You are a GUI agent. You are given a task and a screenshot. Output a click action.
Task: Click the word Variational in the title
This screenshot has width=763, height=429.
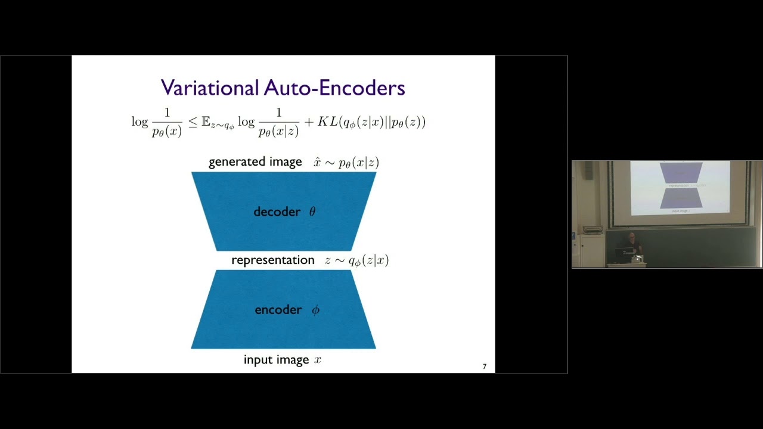(x=210, y=88)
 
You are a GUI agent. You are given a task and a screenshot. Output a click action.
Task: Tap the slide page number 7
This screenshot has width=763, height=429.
(x=484, y=366)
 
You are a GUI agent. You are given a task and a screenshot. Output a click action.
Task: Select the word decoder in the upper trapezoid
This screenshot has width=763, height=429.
(x=277, y=212)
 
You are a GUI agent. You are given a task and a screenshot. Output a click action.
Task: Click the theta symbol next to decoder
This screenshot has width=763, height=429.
(x=312, y=212)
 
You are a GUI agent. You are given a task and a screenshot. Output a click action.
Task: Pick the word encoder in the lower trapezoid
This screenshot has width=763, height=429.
(x=278, y=310)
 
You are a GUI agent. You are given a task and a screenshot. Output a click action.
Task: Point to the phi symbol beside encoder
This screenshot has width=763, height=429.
(x=315, y=310)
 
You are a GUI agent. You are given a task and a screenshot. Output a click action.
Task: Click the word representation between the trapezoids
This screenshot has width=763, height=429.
(x=272, y=260)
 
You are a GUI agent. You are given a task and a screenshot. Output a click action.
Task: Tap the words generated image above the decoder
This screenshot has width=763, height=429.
(x=255, y=162)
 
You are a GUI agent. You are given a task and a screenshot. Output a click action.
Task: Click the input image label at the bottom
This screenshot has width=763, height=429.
(x=276, y=360)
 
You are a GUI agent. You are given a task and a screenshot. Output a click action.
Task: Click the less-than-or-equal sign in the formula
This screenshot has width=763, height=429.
(x=193, y=122)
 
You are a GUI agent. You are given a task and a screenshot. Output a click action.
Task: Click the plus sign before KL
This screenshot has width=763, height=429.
(x=308, y=122)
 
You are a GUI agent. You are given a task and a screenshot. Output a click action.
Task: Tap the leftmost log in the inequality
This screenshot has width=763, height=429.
(x=139, y=122)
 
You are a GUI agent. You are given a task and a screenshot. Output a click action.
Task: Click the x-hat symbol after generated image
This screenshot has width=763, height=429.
(x=317, y=162)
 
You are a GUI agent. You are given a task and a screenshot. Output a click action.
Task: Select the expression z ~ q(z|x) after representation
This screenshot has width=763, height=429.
(x=356, y=260)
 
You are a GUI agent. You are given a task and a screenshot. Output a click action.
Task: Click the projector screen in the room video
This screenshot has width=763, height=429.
(x=680, y=187)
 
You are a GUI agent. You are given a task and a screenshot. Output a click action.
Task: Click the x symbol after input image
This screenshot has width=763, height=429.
(x=318, y=360)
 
